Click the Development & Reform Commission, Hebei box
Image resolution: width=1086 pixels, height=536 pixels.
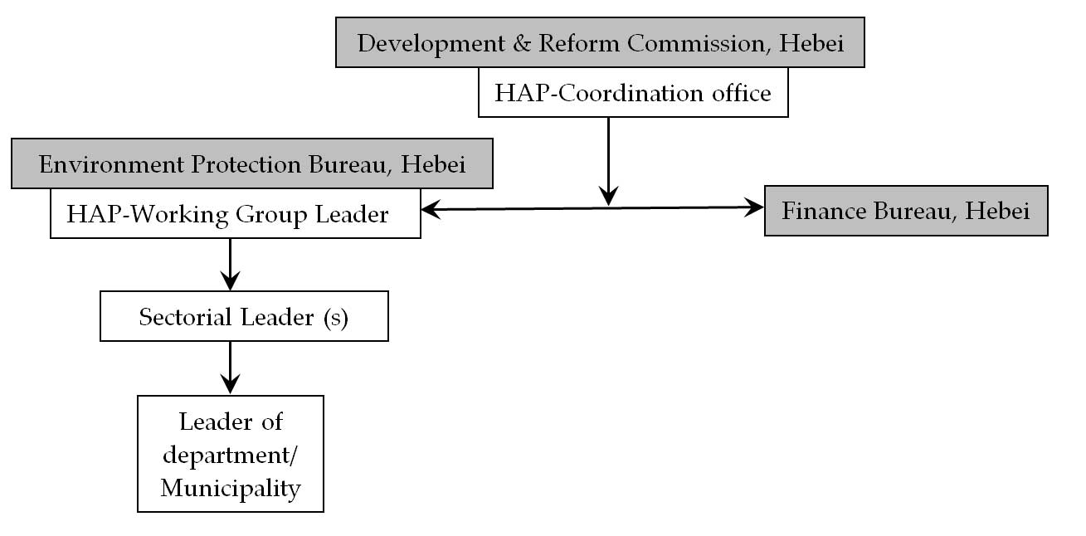point(600,42)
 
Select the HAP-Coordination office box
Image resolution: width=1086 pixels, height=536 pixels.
point(633,92)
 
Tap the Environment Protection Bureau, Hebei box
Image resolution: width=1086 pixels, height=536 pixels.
point(252,163)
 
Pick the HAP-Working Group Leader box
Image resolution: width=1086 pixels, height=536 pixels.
point(236,213)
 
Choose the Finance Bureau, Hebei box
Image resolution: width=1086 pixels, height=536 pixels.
point(906,211)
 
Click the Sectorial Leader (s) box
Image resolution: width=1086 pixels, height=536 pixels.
point(245,316)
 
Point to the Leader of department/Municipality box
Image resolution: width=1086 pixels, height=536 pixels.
point(231,454)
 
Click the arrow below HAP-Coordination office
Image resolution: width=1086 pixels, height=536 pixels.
point(608,162)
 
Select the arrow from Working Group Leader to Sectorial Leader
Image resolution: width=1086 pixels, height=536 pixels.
point(231,265)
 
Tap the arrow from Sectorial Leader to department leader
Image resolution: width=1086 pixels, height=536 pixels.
point(231,368)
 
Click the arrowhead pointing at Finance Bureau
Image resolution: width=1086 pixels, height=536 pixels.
point(754,207)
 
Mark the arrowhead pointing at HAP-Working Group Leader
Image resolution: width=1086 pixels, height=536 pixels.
point(431,210)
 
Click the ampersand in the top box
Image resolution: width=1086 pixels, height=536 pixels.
point(522,43)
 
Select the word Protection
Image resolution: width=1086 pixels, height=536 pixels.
point(246,164)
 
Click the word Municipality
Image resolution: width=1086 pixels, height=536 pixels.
point(231,489)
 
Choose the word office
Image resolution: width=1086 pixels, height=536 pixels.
point(742,93)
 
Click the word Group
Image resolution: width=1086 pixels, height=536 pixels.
point(271,216)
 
